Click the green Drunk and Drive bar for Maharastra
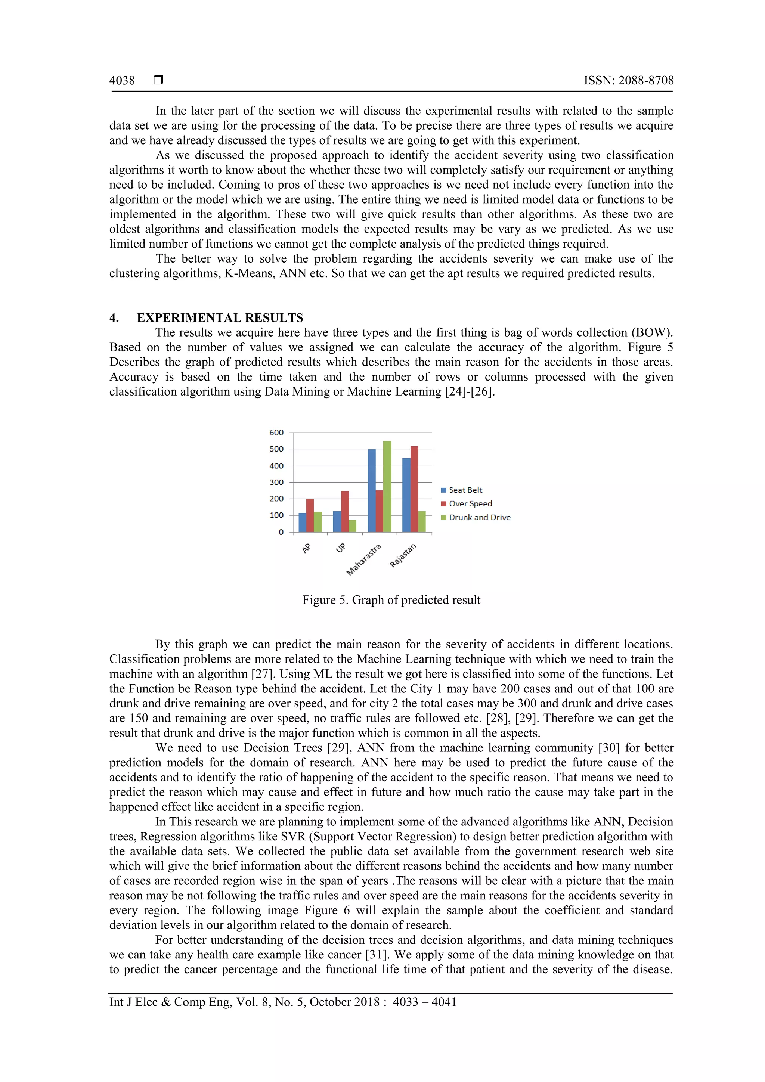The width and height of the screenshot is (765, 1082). coord(387,486)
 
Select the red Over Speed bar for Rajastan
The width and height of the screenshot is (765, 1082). coord(414,489)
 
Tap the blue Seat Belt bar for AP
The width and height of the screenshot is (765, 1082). coord(302,522)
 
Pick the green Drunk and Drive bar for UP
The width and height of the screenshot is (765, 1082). coord(353,526)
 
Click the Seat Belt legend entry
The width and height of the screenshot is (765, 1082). coord(465,490)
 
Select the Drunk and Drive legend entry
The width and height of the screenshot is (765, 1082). coord(479,517)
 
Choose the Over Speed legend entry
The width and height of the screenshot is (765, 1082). coord(470,504)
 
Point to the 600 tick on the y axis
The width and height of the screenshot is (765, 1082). coord(277,433)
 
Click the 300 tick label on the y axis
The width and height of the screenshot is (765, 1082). coord(277,482)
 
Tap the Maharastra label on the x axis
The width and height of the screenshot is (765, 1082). coord(364,559)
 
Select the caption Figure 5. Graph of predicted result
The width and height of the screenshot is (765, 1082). coord(391,600)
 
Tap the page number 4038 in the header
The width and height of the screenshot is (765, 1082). coord(122,81)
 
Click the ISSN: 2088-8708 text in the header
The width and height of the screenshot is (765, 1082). coord(628,81)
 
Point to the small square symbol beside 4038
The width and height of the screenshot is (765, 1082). coord(158,80)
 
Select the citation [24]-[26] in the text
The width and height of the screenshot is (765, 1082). coord(470,392)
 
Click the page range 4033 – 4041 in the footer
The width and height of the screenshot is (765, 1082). coord(425,1002)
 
